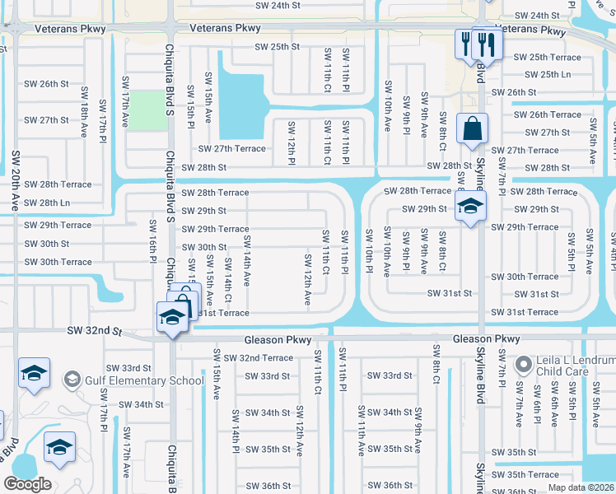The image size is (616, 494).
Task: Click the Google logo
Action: point(27,484)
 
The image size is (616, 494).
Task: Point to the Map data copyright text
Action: point(581,487)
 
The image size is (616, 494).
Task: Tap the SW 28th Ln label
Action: point(47,203)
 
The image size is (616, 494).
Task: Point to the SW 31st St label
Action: point(450,293)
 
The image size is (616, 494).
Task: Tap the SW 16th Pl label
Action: point(152,238)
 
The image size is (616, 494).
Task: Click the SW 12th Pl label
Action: point(291,142)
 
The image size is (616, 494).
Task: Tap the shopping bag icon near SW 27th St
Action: point(472,129)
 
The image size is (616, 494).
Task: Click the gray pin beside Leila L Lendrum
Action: point(522,363)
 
